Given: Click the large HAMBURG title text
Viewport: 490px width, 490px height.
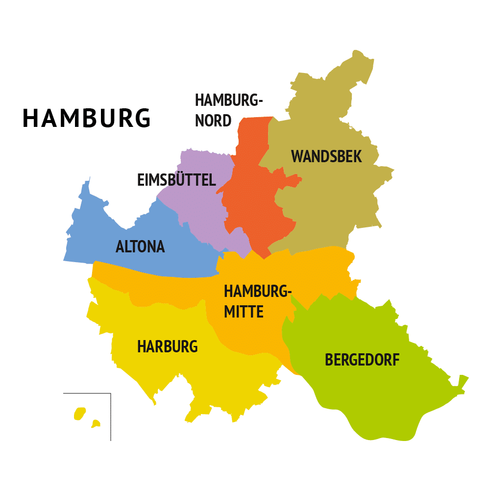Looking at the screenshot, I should pos(87,118).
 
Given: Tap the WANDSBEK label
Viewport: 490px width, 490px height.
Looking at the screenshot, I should pos(326,156).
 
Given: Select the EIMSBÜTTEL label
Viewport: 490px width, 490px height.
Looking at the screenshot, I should pos(176,180).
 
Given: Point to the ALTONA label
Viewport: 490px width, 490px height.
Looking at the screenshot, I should pos(140,246).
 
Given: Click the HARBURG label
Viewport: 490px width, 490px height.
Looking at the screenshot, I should pos(167,346).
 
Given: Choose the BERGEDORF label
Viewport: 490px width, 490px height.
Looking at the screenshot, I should pos(362,360).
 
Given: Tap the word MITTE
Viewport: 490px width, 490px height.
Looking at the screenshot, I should pos(244,312).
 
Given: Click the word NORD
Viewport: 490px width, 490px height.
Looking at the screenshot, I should pos(213,121).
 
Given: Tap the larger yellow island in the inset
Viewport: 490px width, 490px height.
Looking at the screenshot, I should pos(80,414).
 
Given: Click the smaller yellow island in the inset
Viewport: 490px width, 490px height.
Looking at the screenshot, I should pos(96,423).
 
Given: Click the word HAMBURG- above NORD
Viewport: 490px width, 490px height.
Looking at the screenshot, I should pos(229,100).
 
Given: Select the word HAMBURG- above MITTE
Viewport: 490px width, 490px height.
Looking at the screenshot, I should pos(258,291).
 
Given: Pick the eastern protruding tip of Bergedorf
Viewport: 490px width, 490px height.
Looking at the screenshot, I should pos(462,382).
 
